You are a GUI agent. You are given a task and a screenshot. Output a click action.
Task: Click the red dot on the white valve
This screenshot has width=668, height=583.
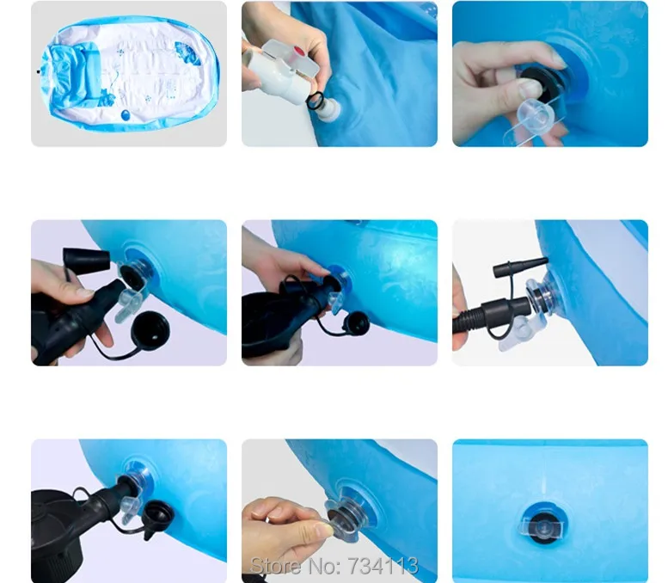(299, 52)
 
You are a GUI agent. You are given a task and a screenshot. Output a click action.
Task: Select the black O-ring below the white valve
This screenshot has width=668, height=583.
(316, 100)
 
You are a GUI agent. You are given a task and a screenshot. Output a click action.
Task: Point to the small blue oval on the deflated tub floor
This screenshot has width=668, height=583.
(126, 115)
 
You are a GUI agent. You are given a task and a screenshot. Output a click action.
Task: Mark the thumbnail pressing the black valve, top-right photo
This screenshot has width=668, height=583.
(530, 89)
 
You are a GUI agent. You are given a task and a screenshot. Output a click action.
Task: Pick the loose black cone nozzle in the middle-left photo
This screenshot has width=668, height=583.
(87, 258)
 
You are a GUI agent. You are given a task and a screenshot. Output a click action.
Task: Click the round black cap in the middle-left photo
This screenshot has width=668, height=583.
(150, 329)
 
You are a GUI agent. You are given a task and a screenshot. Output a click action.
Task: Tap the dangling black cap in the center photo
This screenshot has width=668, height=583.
(356, 322)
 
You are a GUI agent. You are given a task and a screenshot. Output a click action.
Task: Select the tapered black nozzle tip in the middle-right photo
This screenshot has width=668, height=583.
(521, 267)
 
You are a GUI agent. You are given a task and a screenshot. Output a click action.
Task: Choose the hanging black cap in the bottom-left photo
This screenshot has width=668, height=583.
(157, 517)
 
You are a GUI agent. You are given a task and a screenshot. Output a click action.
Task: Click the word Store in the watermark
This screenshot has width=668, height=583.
(276, 566)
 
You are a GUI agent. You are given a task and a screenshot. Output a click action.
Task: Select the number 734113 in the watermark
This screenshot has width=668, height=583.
(383, 566)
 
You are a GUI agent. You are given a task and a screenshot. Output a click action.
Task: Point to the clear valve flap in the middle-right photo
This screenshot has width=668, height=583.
(517, 334)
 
